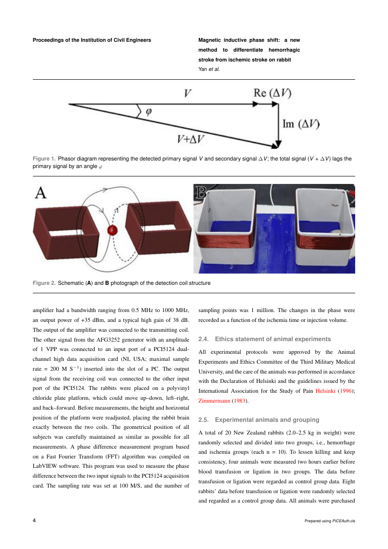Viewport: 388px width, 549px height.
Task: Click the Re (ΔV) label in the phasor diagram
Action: point(272,93)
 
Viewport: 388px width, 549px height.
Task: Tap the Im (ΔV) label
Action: point(301,124)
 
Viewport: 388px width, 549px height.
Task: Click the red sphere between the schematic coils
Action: point(112,229)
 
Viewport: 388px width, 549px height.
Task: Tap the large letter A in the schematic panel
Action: point(41,192)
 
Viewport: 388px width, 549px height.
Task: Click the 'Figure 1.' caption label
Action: point(44,159)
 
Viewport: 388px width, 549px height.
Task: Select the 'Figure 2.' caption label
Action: point(44,283)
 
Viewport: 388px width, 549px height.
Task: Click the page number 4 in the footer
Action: point(35,520)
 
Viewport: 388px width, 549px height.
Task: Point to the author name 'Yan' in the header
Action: point(203,69)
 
